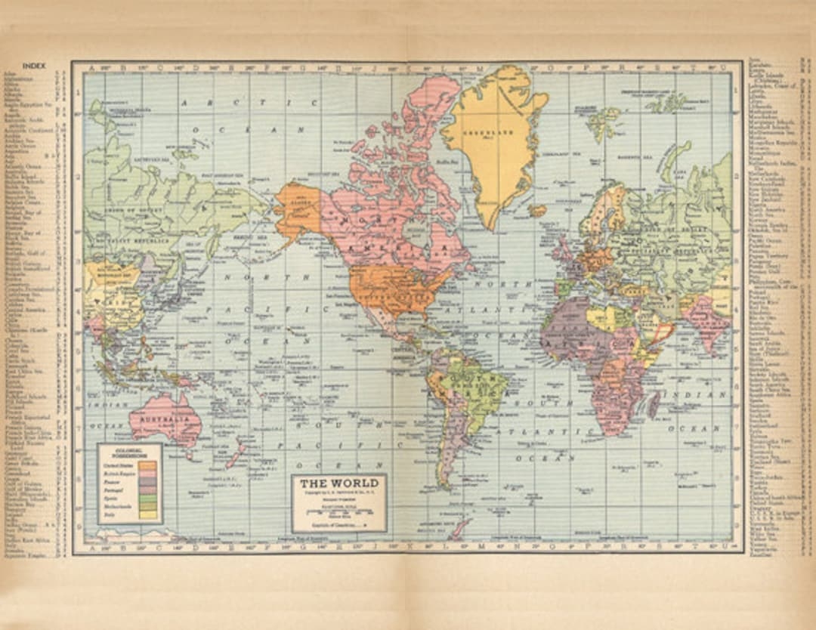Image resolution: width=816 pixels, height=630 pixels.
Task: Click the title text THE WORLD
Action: [x=338, y=483]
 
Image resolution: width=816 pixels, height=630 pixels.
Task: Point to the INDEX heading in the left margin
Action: [x=34, y=66]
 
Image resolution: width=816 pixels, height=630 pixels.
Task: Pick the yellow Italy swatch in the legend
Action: [x=149, y=514]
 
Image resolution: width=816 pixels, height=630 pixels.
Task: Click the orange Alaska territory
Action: [x=299, y=208]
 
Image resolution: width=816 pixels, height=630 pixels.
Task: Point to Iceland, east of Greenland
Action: [x=537, y=210]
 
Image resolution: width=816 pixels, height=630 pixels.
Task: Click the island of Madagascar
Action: [x=654, y=404]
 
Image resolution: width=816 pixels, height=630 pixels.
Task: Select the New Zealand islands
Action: [x=236, y=453]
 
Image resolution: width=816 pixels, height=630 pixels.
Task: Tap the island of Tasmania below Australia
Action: [x=189, y=454]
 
